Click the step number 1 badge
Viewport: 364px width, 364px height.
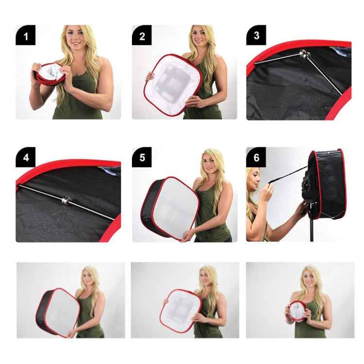click(25, 35)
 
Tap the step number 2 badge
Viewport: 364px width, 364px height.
click(142, 35)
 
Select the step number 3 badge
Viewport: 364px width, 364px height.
click(256, 35)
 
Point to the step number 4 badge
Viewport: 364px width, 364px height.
click(25, 158)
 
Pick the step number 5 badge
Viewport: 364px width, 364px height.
click(142, 158)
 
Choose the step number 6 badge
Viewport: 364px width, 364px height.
click(256, 158)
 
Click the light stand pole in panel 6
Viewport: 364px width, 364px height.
click(312, 228)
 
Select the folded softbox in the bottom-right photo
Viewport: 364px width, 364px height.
click(297, 311)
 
